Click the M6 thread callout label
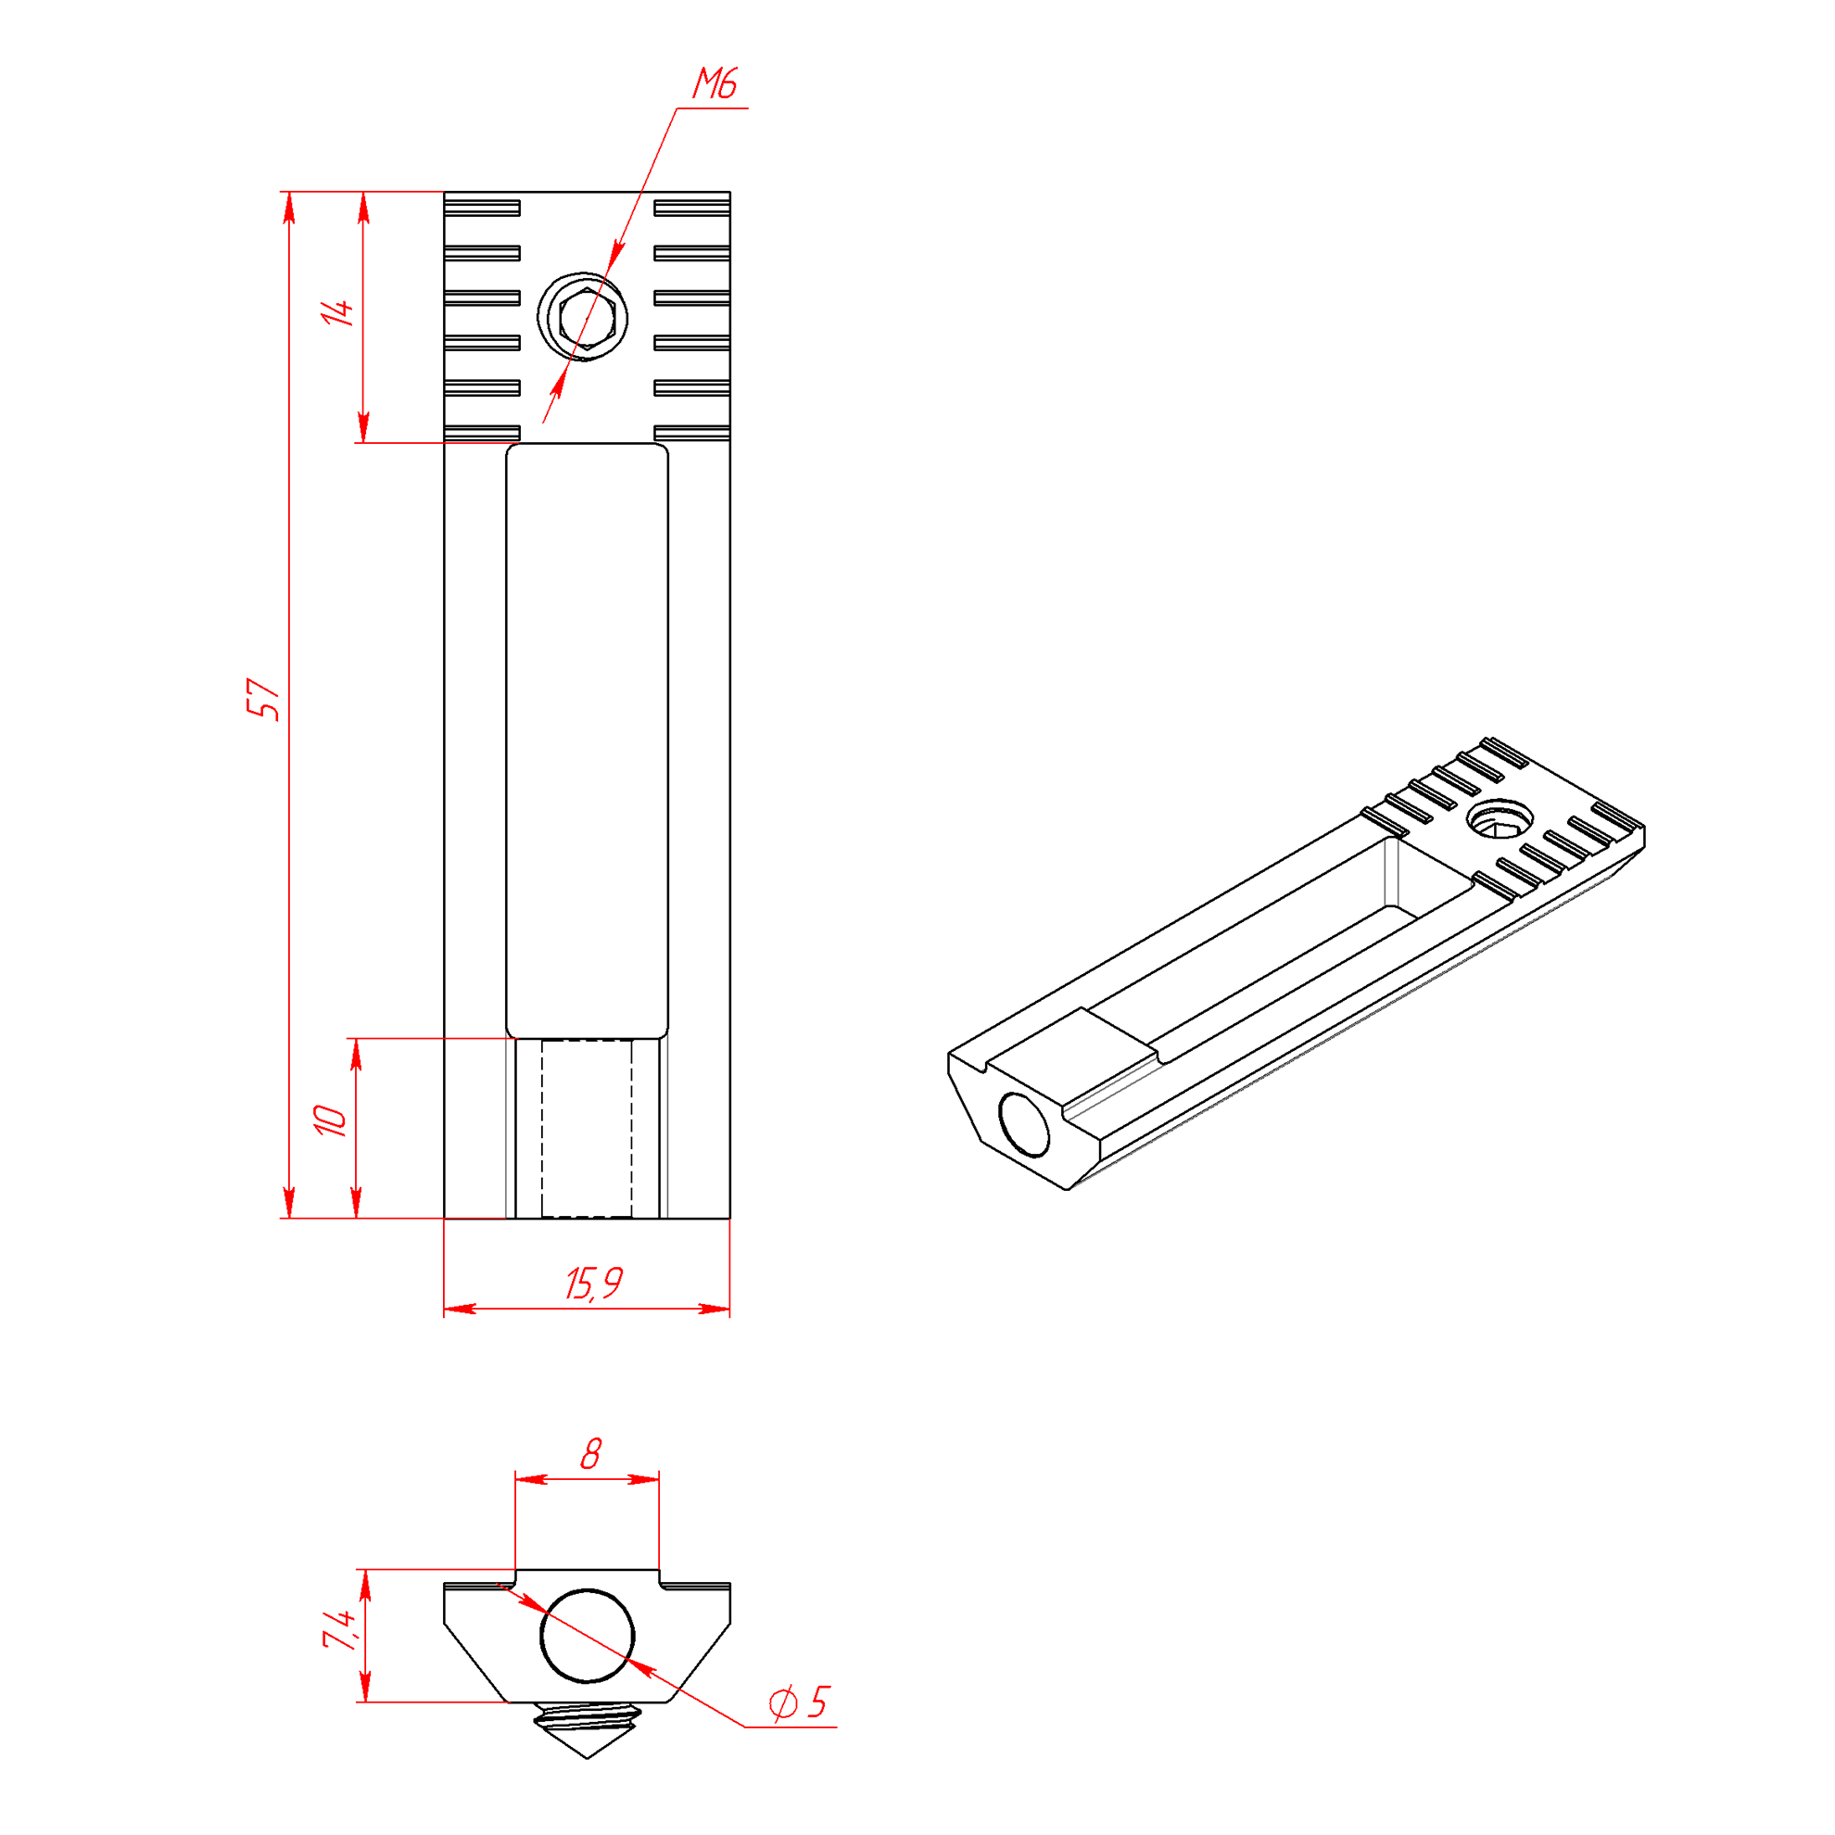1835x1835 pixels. click(715, 83)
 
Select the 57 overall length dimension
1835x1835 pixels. click(263, 699)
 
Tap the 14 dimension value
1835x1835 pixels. click(337, 312)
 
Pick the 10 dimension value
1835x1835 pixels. click(331, 1120)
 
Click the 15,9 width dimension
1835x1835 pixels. click(595, 1284)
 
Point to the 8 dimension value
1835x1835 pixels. click(590, 1454)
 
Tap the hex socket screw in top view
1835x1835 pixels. click(583, 317)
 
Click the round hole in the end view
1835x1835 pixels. click(587, 1636)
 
